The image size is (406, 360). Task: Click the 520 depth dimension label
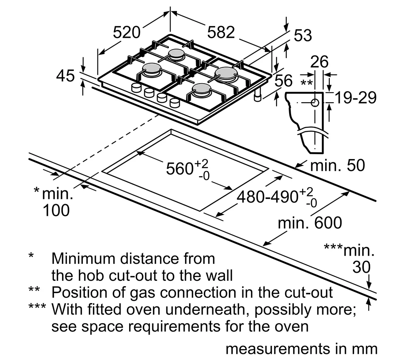pos(127,32)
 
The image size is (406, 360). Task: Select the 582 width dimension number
pos(221,32)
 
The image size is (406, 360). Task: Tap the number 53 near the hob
pos(302,36)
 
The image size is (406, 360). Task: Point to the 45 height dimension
pos(65,76)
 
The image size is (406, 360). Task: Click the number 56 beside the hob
pos(283,81)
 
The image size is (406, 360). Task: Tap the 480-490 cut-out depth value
pos(268,197)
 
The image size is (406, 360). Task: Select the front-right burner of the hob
pos(201,90)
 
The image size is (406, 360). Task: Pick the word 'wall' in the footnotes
pos(218,276)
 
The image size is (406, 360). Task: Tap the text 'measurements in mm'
pos(301,349)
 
